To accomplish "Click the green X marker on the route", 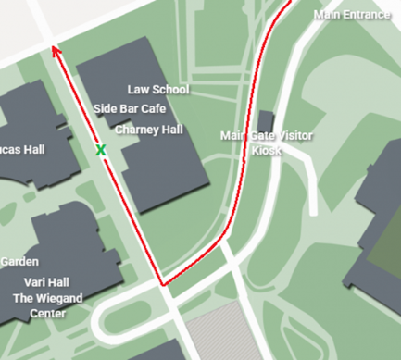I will coord(101,149).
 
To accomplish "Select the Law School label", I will coord(157,90).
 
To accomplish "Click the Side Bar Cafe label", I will coord(131,109).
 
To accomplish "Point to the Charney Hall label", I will coord(149,130).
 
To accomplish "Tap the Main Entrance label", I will coord(352,15).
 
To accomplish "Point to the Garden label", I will coord(19,262).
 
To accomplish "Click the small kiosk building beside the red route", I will coord(266,121).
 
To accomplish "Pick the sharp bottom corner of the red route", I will coord(163,284).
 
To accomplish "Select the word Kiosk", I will coord(267,150).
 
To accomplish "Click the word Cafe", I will coord(154,109).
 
